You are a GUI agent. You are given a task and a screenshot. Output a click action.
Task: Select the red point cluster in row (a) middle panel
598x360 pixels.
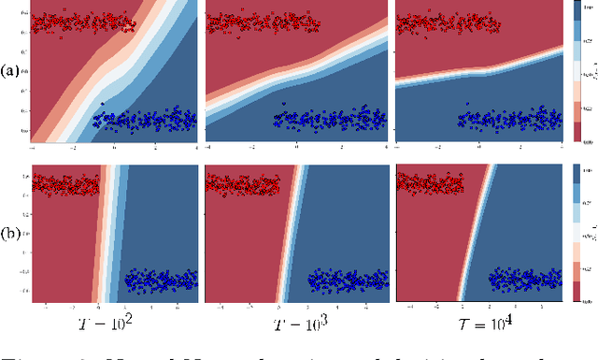tap(252, 24)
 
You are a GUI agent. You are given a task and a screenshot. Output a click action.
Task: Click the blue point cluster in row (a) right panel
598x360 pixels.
tap(505, 120)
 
